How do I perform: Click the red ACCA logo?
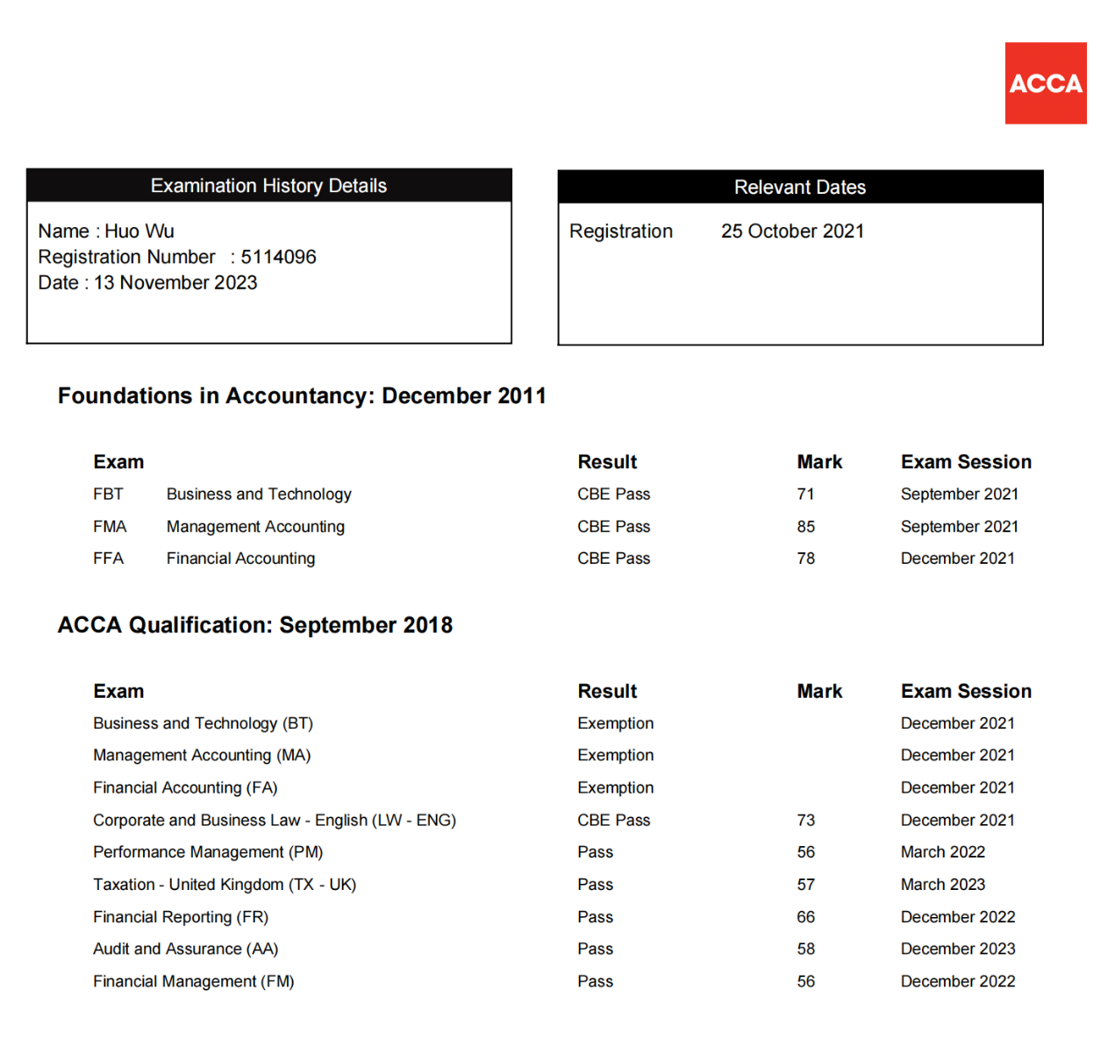[1045, 83]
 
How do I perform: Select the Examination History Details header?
[268, 186]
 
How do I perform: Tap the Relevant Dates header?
[799, 187]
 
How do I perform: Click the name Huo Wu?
[139, 231]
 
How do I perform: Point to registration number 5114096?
[278, 257]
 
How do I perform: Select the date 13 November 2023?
[175, 282]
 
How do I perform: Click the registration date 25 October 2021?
[792, 231]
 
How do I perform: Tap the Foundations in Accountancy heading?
[302, 395]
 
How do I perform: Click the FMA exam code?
[110, 527]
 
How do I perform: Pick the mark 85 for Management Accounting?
[805, 527]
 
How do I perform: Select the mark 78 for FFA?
[805, 559]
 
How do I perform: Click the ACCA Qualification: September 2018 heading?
[255, 625]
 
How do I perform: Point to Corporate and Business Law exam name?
[274, 820]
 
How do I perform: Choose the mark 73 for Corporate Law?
[805, 820]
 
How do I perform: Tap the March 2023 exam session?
[942, 885]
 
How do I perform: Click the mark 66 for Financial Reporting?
[805, 917]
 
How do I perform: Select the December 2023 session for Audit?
[957, 949]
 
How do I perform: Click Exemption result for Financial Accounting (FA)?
[615, 787]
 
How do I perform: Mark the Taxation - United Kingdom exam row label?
[225, 885]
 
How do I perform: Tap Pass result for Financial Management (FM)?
[595, 981]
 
